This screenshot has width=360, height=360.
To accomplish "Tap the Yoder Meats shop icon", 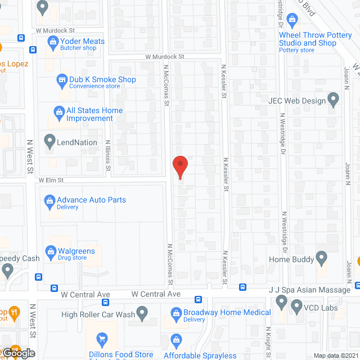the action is point(53,41).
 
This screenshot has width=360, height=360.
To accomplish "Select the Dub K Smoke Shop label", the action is point(102,79).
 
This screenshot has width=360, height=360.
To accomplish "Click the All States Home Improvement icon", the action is point(58,111).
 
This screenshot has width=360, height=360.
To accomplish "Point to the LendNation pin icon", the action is point(49,142).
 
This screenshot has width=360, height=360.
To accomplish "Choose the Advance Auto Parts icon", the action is point(49,200).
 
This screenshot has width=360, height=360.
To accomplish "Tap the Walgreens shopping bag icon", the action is point(50,250).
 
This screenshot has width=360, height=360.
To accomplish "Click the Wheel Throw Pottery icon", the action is point(292,20).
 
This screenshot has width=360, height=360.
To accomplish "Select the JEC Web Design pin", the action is point(334,101).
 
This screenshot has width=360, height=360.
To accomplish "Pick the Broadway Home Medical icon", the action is point(176,312).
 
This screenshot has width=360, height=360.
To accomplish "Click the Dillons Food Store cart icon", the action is point(102,339).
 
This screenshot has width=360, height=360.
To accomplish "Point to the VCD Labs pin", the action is point(296,307).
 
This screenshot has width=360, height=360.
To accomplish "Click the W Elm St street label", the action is point(51,181).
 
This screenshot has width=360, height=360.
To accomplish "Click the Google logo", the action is point(17,353).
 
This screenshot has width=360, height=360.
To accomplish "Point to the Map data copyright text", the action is point(335,355).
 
